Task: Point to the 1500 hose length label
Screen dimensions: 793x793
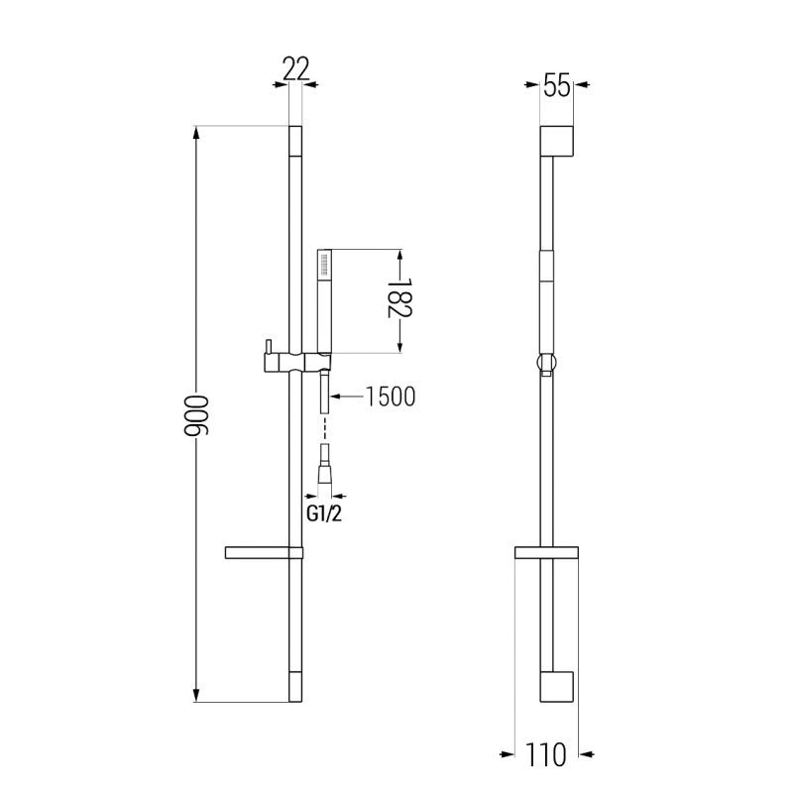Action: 390,396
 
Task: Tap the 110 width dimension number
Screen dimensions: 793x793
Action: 546,755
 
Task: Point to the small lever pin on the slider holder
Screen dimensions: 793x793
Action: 265,346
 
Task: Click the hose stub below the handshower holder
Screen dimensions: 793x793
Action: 324,396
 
